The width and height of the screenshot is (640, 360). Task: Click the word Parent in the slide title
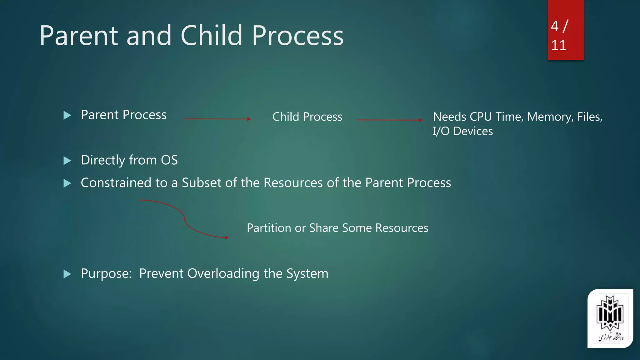tap(79, 36)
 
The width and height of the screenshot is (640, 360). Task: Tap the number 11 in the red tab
tap(558, 46)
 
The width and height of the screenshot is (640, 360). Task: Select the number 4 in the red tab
tap(555, 26)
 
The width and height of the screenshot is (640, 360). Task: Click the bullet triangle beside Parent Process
tap(67, 115)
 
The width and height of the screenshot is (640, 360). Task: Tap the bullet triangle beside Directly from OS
tap(67, 161)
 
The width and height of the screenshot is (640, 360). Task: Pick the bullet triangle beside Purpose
tap(67, 274)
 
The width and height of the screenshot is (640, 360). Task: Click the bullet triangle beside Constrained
tap(67, 183)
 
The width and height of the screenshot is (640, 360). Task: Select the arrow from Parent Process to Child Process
tap(217, 119)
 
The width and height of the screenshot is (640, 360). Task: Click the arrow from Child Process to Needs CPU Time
tap(389, 120)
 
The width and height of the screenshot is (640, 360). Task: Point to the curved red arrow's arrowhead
tap(227, 237)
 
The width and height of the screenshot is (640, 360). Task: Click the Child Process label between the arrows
tap(307, 117)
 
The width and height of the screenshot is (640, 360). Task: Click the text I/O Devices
tap(462, 131)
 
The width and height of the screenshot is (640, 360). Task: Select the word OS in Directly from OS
tap(169, 160)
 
